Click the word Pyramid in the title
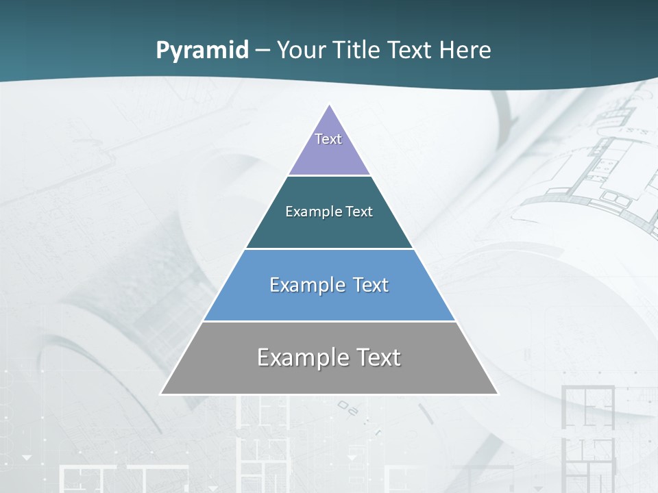point(202,50)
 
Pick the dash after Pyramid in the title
point(262,51)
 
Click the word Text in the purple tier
point(328,139)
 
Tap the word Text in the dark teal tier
point(359,212)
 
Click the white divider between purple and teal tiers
point(329,175)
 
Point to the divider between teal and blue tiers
point(329,249)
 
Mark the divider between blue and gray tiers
point(329,321)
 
